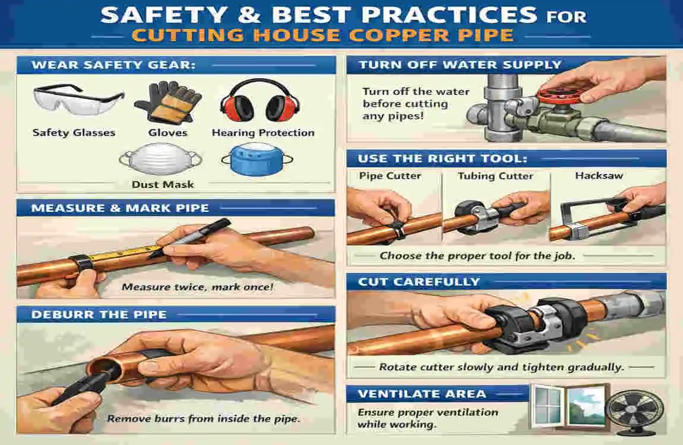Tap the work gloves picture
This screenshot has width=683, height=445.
pos(167,103)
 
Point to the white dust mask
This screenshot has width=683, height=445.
pos(160,160)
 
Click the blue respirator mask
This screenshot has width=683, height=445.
pos(257,159)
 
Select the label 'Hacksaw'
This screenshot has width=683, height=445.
pos(599,175)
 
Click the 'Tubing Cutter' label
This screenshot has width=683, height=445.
pos(495,176)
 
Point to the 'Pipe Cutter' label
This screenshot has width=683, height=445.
pos(390,176)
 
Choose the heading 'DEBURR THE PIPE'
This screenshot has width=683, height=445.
pos(99,314)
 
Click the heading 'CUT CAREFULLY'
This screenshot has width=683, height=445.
pos(419,282)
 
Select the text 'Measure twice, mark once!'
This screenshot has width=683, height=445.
pos(197,287)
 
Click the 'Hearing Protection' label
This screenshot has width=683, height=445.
pos(263,133)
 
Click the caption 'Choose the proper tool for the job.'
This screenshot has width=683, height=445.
pos(478,256)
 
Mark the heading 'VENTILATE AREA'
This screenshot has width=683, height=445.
pos(422,394)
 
